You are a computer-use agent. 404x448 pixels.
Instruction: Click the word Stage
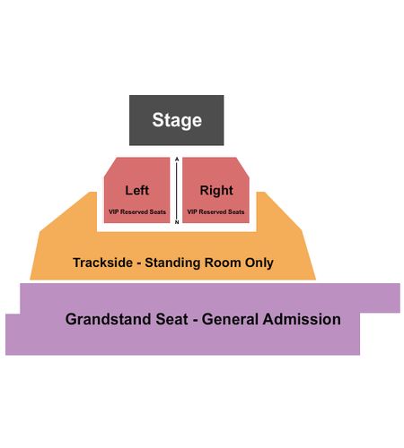tap(177, 120)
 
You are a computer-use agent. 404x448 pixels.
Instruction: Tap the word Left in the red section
tap(137, 190)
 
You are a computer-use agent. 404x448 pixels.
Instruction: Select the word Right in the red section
tap(216, 191)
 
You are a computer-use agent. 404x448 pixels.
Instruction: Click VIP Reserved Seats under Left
tap(137, 211)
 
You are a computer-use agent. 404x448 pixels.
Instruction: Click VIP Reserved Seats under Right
tap(215, 211)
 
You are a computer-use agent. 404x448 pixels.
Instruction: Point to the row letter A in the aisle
tap(177, 159)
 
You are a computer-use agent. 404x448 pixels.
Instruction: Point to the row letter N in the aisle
tap(177, 222)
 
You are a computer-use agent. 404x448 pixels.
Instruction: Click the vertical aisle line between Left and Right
tap(177, 191)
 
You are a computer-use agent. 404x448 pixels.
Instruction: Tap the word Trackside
tap(103, 263)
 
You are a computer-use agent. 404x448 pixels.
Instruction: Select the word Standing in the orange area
tap(173, 263)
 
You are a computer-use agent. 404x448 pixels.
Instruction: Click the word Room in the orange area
tap(223, 263)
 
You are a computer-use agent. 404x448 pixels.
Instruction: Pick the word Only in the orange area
tap(259, 263)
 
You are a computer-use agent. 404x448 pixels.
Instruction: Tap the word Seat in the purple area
tap(171, 319)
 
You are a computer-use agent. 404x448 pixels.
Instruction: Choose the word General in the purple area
tap(230, 319)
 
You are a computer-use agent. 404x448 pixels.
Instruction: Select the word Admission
tap(302, 319)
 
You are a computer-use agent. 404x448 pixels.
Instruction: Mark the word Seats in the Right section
tap(236, 211)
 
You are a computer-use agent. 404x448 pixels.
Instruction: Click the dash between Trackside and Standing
tap(139, 263)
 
